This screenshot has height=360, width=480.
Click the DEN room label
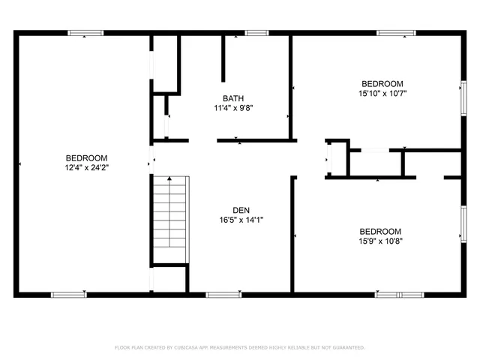(x=241, y=210)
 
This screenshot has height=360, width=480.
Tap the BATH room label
(x=232, y=98)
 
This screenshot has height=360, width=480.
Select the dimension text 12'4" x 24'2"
(x=87, y=168)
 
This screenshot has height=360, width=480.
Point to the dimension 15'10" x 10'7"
(x=382, y=94)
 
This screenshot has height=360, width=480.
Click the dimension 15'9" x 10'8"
(x=379, y=241)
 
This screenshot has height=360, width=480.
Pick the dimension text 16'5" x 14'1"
(x=241, y=220)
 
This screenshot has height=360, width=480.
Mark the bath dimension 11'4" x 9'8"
(x=232, y=108)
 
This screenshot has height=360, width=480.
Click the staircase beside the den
(x=169, y=220)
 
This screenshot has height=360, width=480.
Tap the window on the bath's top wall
(x=257, y=32)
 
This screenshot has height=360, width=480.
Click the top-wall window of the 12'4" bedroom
(x=85, y=32)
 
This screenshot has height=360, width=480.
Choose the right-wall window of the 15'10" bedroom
(x=463, y=96)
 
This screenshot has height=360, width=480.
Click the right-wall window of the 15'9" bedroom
(x=463, y=226)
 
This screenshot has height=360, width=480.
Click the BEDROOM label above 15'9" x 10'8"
(x=379, y=232)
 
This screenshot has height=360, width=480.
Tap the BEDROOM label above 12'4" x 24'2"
(x=87, y=157)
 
